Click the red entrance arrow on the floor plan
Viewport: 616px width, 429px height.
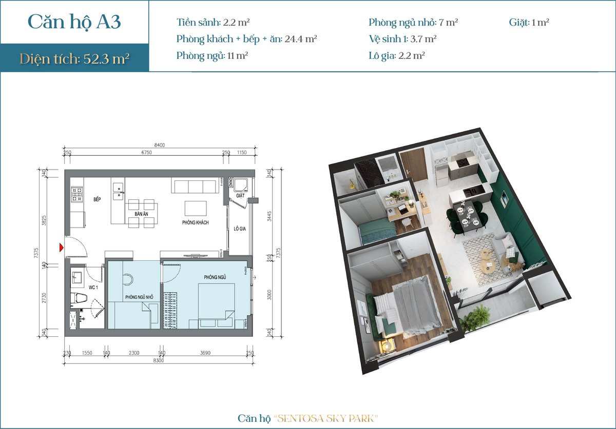pyautogui.click(x=62, y=248)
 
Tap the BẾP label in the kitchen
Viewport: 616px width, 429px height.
pyautogui.click(x=97, y=199)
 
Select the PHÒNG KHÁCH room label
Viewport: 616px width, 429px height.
pyautogui.click(x=195, y=222)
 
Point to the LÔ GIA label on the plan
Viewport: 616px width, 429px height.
pyautogui.click(x=240, y=229)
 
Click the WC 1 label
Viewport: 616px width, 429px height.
pyautogui.click(x=93, y=288)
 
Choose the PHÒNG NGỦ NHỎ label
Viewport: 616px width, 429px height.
pyautogui.click(x=139, y=297)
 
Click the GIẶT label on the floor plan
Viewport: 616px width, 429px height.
pyautogui.click(x=240, y=196)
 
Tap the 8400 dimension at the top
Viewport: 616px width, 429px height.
pyautogui.click(x=160, y=145)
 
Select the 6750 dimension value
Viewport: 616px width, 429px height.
pyautogui.click(x=147, y=152)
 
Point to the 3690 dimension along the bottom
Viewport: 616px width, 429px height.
pyautogui.click(x=205, y=353)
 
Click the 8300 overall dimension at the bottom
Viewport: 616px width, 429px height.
pyautogui.click(x=159, y=360)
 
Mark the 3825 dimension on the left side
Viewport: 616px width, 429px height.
pyautogui.click(x=44, y=220)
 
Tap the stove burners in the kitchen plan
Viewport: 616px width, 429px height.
pyautogui.click(x=77, y=194)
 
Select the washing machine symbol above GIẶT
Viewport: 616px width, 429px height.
pyautogui.click(x=241, y=185)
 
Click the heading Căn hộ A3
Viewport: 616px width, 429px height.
pyautogui.click(x=74, y=22)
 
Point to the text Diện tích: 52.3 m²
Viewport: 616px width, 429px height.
pyautogui.click(x=74, y=58)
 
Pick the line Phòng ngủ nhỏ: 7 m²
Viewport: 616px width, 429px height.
pyautogui.click(x=413, y=22)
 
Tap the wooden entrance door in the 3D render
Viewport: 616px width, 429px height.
pyautogui.click(x=413, y=166)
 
